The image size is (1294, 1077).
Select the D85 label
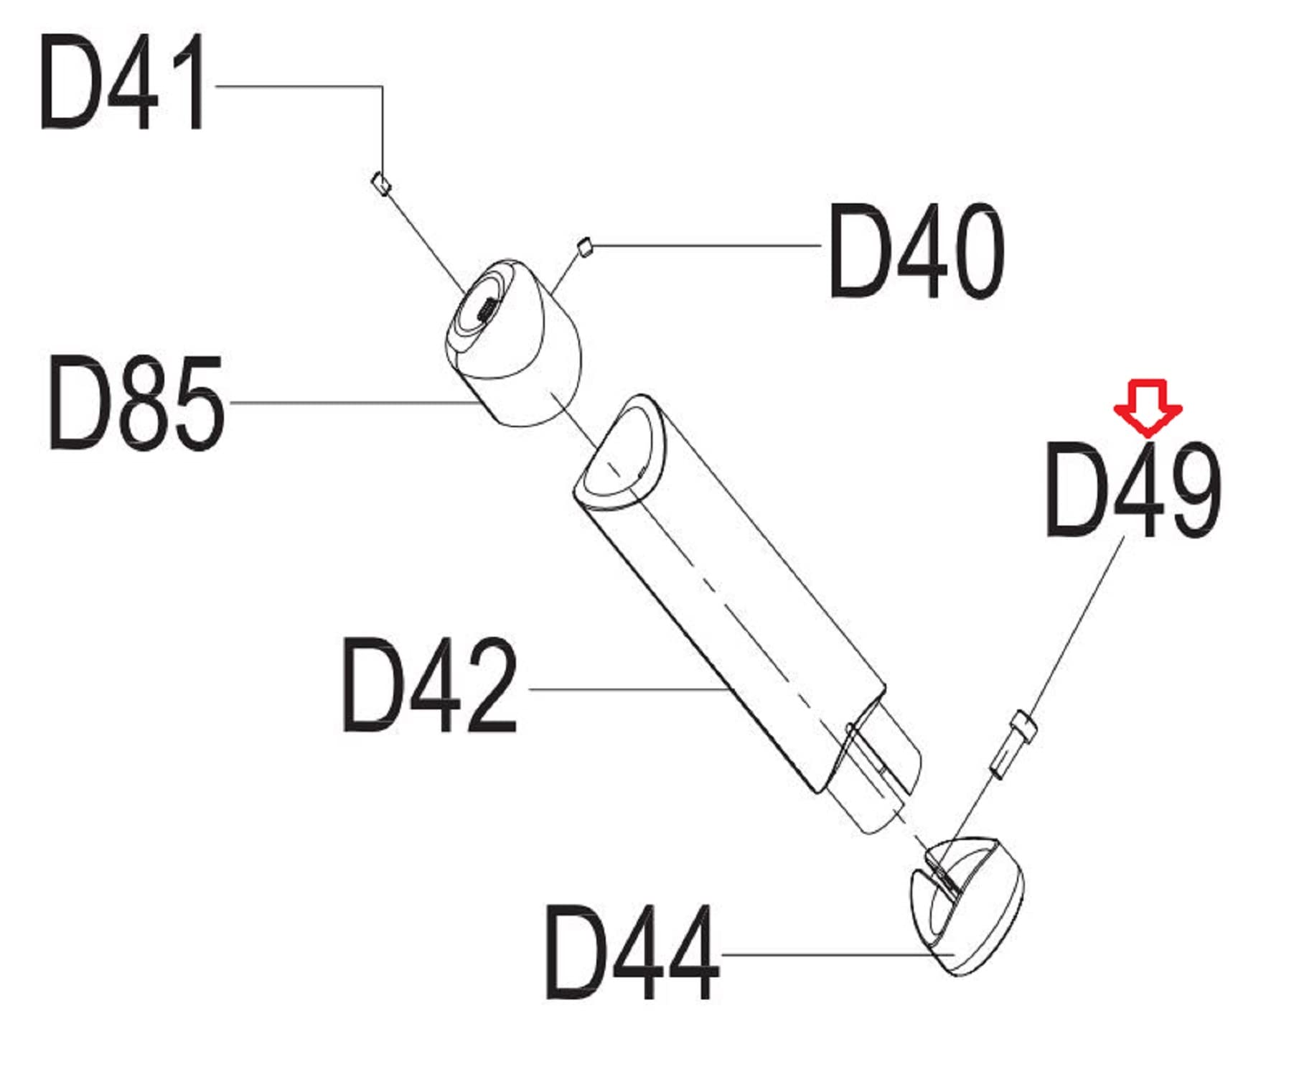tap(136, 404)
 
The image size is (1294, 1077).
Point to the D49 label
tap(1133, 490)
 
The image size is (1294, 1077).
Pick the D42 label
tap(429, 685)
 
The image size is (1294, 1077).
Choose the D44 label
tap(632, 952)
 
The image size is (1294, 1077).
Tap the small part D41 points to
tap(381, 183)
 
